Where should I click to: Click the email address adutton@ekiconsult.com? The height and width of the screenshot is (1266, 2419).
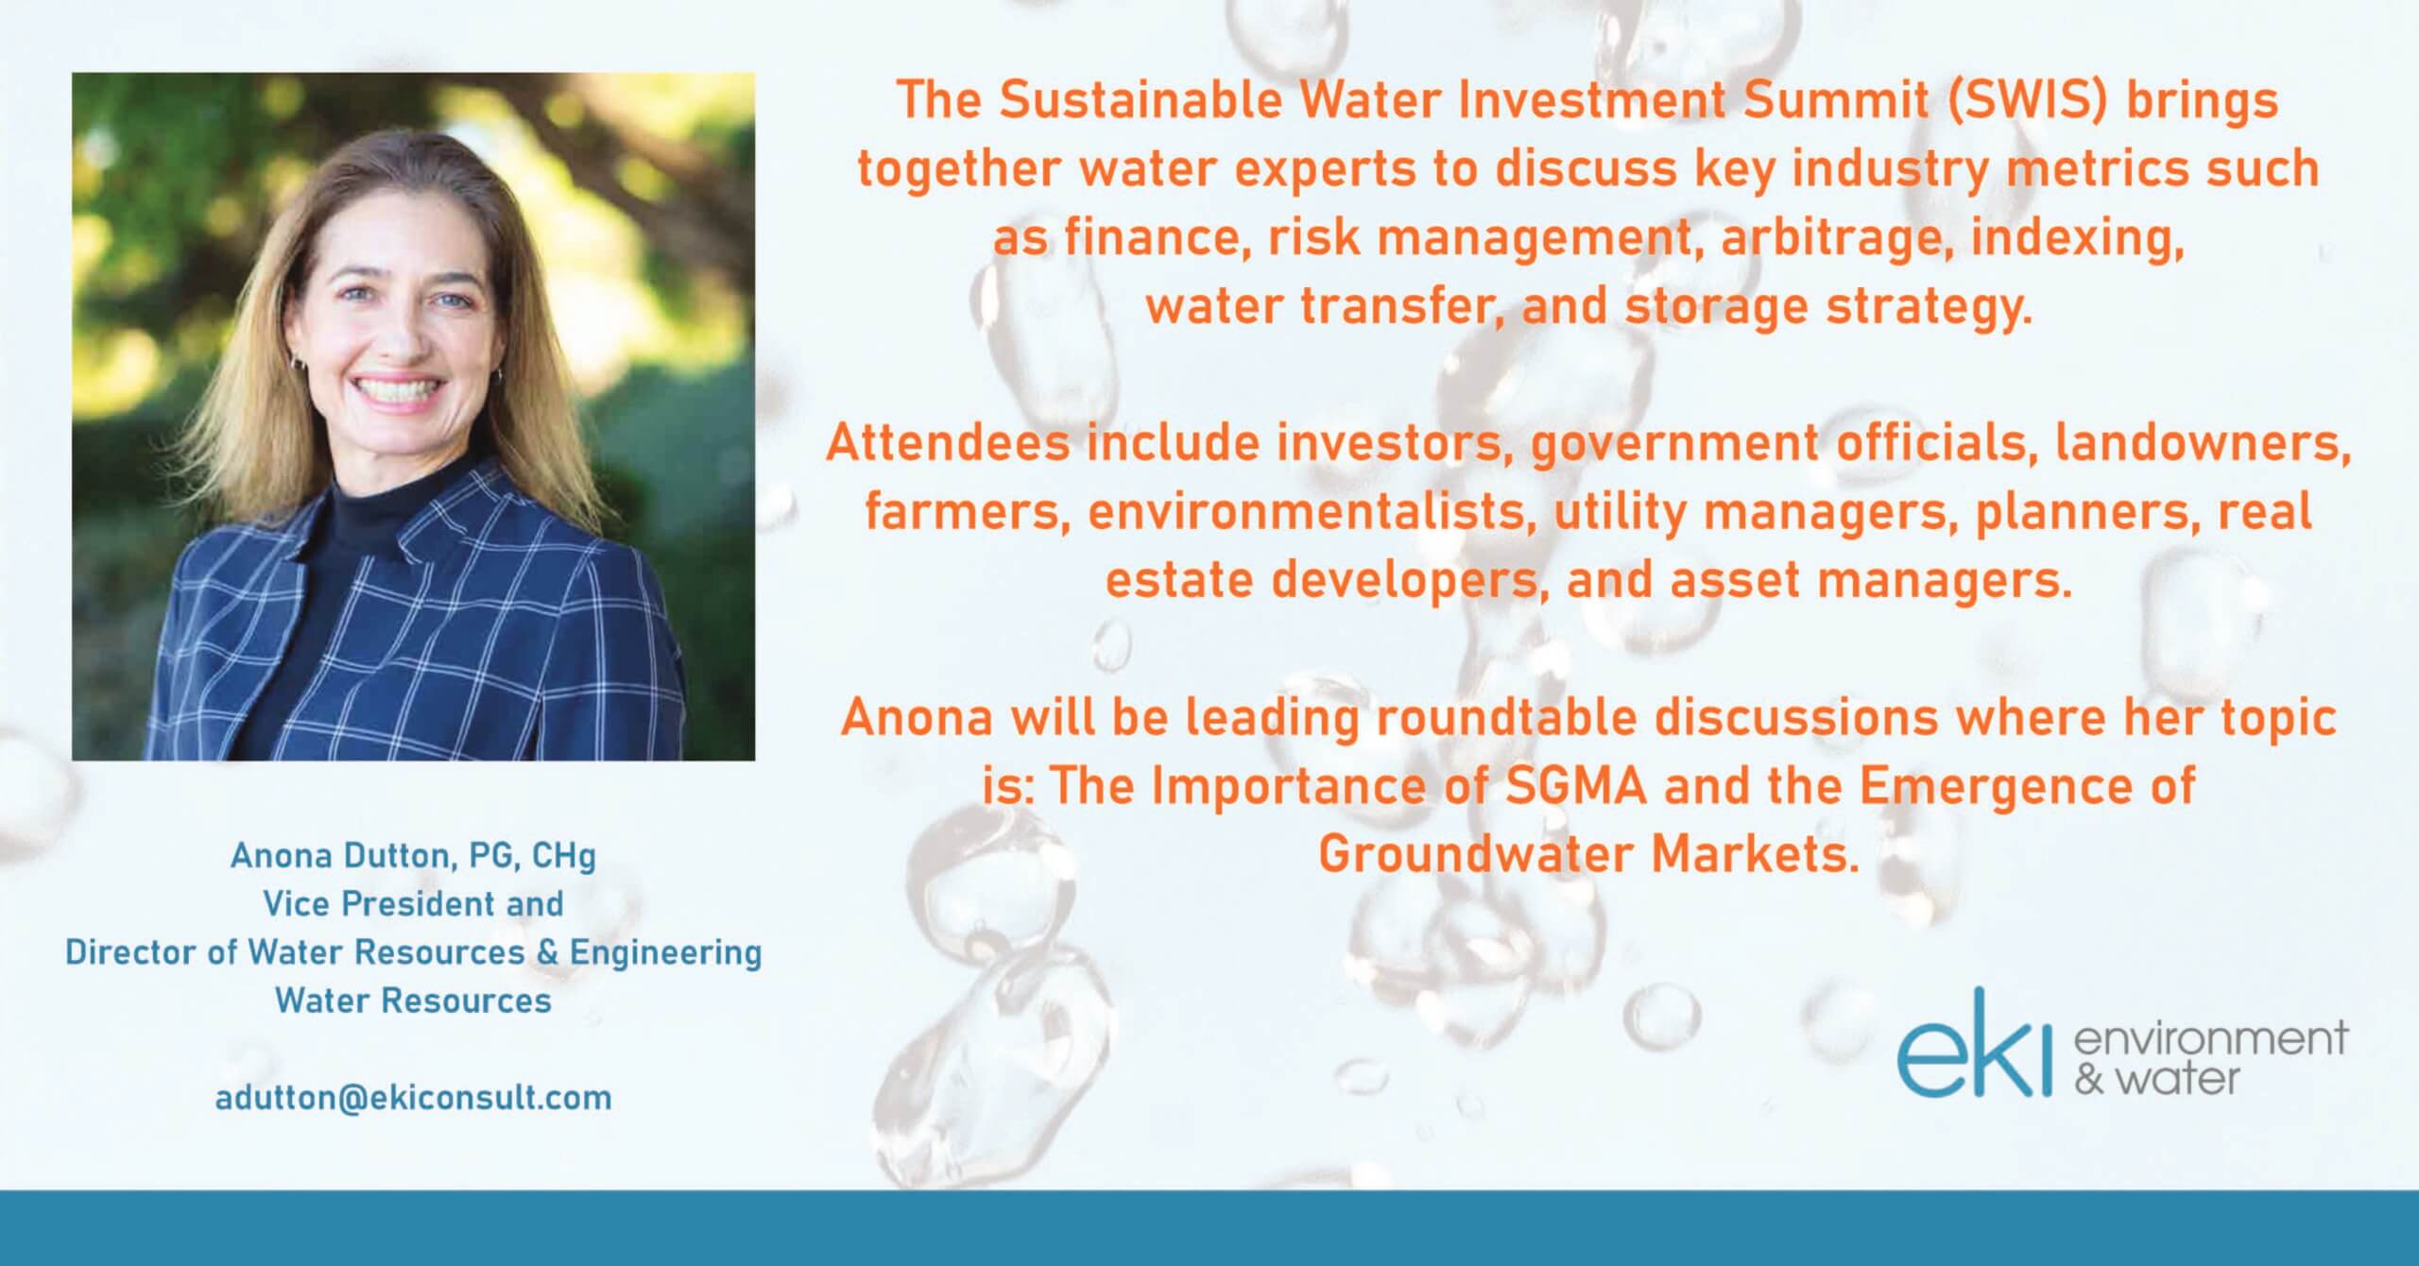tap(413, 1098)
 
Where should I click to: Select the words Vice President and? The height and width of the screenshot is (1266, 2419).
tap(413, 904)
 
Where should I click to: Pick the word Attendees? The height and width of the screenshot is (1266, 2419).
tap(948, 443)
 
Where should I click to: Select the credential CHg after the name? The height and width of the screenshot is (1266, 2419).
tap(564, 857)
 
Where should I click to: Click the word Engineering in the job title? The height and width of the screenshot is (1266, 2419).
tap(665, 953)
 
